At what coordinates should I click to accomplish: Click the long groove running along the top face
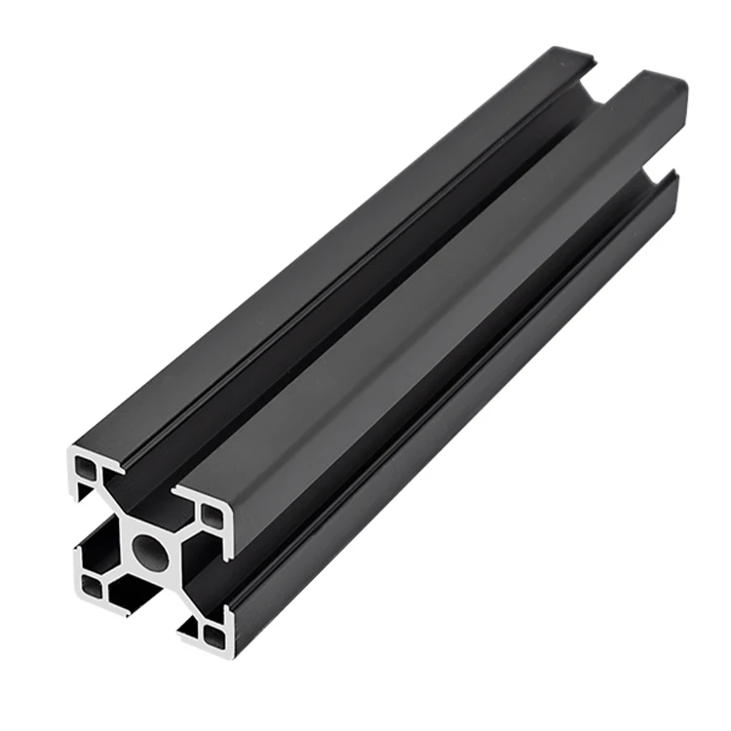click(x=370, y=273)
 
